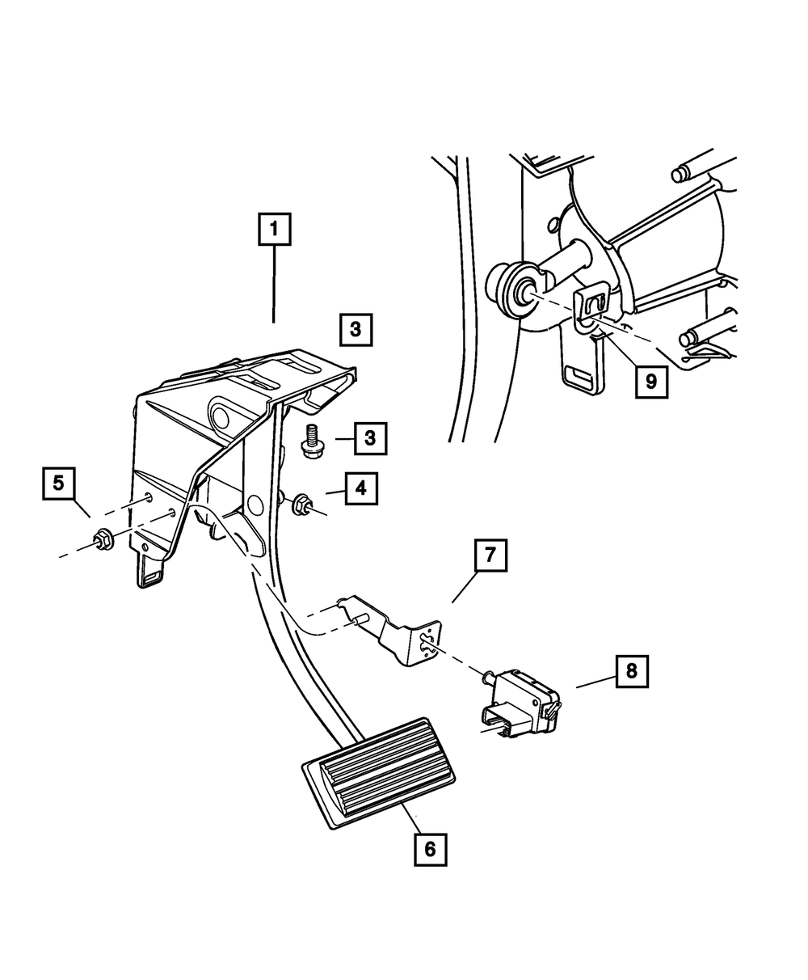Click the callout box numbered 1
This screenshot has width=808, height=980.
point(274,230)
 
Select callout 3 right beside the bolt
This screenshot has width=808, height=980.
point(369,438)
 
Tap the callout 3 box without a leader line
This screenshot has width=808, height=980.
point(356,330)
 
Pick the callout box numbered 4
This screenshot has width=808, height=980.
point(361,488)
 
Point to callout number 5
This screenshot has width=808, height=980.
point(57,484)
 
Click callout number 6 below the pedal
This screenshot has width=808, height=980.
point(429,848)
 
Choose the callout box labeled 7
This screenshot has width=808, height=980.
point(490,558)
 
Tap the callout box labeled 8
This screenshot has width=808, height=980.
point(631,670)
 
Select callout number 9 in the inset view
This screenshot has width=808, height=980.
point(651,380)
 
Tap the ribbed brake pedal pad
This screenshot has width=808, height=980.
point(378,771)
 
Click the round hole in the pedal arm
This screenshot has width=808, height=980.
point(255,506)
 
